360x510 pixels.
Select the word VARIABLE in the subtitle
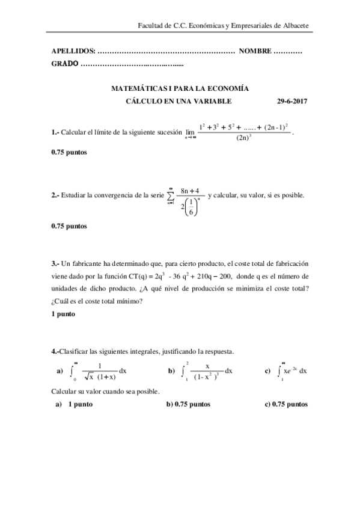click(212, 102)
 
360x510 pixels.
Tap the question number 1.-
click(56, 133)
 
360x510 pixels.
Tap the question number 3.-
click(56, 263)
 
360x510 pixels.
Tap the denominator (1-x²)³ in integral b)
click(208, 378)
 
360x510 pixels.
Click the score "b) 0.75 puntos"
click(188, 404)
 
